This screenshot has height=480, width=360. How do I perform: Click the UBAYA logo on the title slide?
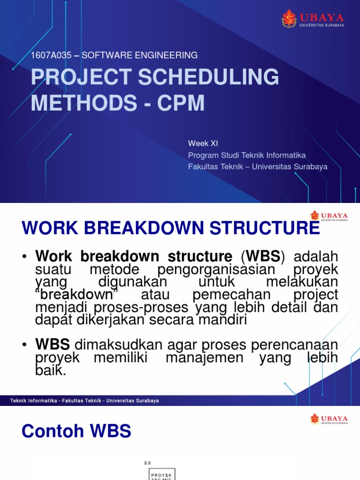point(313,19)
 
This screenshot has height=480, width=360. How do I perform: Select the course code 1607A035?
point(51,55)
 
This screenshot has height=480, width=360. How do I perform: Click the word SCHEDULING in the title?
point(209,77)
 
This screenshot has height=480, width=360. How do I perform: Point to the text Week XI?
point(203,143)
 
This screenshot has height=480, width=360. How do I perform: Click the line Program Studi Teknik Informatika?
point(247,155)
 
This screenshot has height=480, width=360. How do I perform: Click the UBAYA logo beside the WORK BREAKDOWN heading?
point(329,216)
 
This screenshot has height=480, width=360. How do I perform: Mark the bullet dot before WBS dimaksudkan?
point(25,345)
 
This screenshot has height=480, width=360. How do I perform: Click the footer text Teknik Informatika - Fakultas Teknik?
point(84,401)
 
